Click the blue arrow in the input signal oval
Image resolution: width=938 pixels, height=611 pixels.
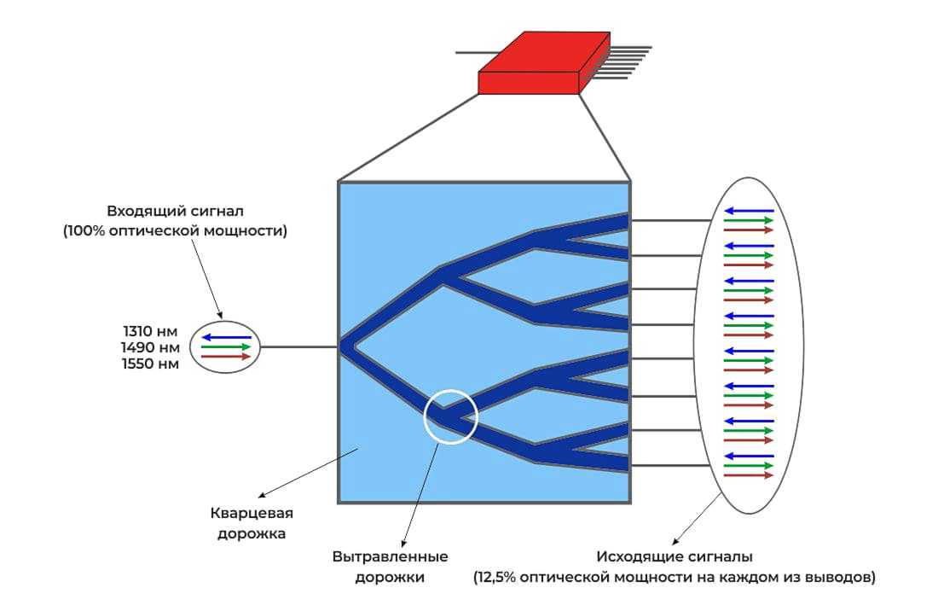tap(226, 337)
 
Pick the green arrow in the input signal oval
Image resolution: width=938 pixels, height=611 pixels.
tap(226, 347)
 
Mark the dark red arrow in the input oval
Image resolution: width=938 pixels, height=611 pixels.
tap(226, 357)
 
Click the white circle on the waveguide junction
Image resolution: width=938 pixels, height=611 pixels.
tap(450, 416)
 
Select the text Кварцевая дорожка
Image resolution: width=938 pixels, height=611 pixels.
tap(252, 523)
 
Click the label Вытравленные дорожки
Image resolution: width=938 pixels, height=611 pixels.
tap(391, 567)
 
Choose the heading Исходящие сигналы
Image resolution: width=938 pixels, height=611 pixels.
tap(674, 558)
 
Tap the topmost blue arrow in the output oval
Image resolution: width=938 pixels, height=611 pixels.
tap(749, 211)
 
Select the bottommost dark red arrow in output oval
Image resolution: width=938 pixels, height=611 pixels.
tap(749, 475)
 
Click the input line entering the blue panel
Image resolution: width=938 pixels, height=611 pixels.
tap(299, 347)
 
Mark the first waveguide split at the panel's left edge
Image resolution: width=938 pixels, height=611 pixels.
tap(346, 347)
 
